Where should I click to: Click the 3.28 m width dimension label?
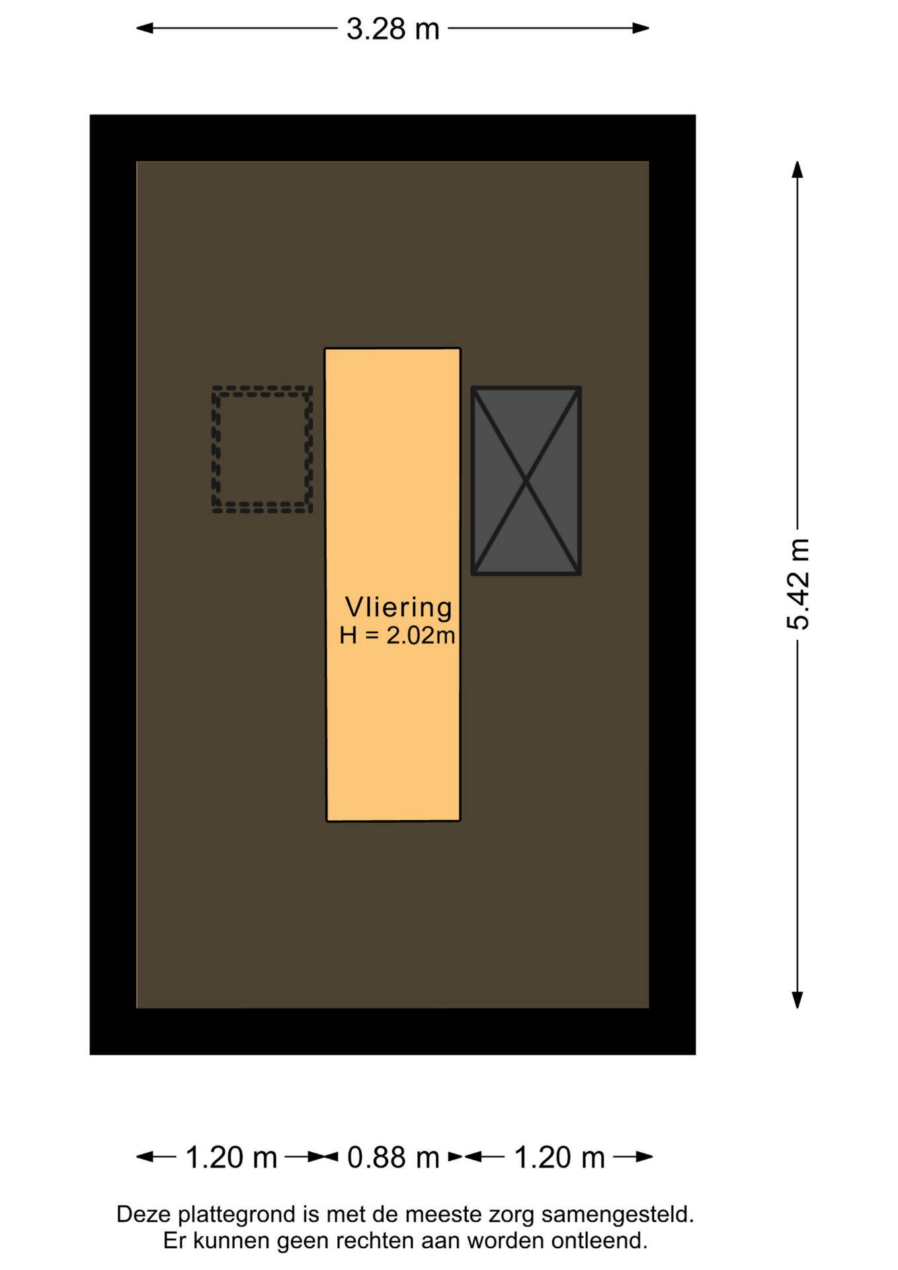(x=393, y=29)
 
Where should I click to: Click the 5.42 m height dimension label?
(x=798, y=584)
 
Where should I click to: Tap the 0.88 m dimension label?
(x=393, y=1158)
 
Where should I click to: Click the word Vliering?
(x=399, y=607)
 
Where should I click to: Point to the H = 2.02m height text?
(x=397, y=636)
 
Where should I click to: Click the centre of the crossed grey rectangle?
(x=526, y=481)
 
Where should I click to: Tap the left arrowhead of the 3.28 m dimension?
(x=144, y=28)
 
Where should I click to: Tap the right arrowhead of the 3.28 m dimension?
(x=641, y=28)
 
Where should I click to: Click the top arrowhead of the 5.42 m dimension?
(x=797, y=169)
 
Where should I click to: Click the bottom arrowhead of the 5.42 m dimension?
(x=797, y=999)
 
